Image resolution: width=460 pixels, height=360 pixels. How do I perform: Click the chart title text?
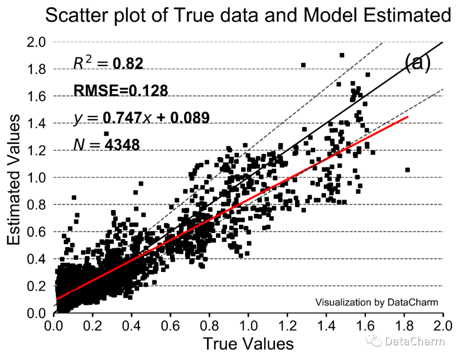tap(247, 16)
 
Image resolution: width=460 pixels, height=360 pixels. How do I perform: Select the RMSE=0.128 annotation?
tap(121, 90)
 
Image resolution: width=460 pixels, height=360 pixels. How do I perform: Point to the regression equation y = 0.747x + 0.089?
tap(141, 117)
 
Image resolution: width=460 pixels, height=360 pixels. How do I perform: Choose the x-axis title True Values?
tap(248, 343)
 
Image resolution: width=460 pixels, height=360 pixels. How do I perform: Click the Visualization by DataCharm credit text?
tap(377, 302)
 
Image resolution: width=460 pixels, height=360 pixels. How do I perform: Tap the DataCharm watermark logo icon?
tap(376, 341)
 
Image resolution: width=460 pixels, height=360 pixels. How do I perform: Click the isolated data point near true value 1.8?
tap(407, 170)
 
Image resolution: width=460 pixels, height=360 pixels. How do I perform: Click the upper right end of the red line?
tap(408, 117)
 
